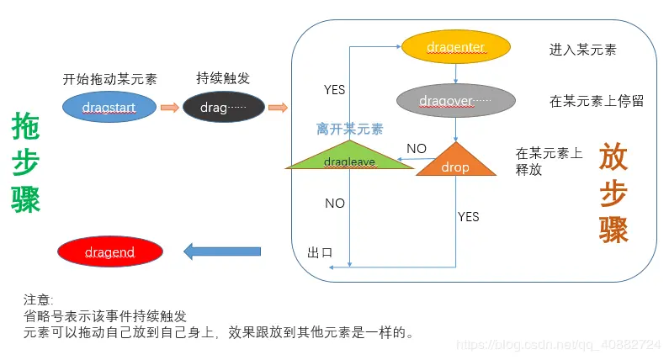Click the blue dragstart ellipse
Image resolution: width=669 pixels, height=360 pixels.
(109, 107)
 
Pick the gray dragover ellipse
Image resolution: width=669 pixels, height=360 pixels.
(455, 101)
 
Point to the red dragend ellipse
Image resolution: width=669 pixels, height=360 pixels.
(109, 251)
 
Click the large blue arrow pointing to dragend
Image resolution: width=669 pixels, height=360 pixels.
(222, 251)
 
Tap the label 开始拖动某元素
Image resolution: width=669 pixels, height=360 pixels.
(109, 79)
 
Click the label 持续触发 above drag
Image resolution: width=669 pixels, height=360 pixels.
(223, 78)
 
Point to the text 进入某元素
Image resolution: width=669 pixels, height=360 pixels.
(582, 50)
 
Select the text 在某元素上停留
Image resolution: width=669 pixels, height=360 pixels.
(597, 101)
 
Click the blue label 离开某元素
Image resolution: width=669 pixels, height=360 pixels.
(349, 129)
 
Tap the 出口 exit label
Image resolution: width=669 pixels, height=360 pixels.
(321, 253)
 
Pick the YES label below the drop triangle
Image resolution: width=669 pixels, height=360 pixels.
(468, 217)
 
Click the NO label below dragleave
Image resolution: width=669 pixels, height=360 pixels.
(335, 203)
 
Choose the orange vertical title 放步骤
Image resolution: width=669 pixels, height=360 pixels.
(614, 193)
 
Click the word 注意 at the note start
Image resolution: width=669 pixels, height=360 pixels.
(37, 299)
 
